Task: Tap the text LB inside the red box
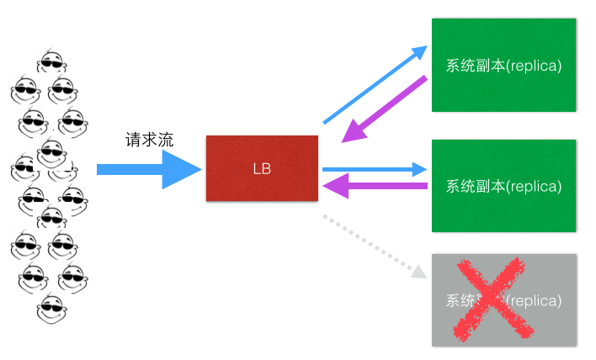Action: (262, 168)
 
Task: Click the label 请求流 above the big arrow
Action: (149, 140)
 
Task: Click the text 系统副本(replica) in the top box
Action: (503, 65)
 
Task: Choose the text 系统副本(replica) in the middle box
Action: (503, 186)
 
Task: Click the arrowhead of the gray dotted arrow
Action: (419, 271)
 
